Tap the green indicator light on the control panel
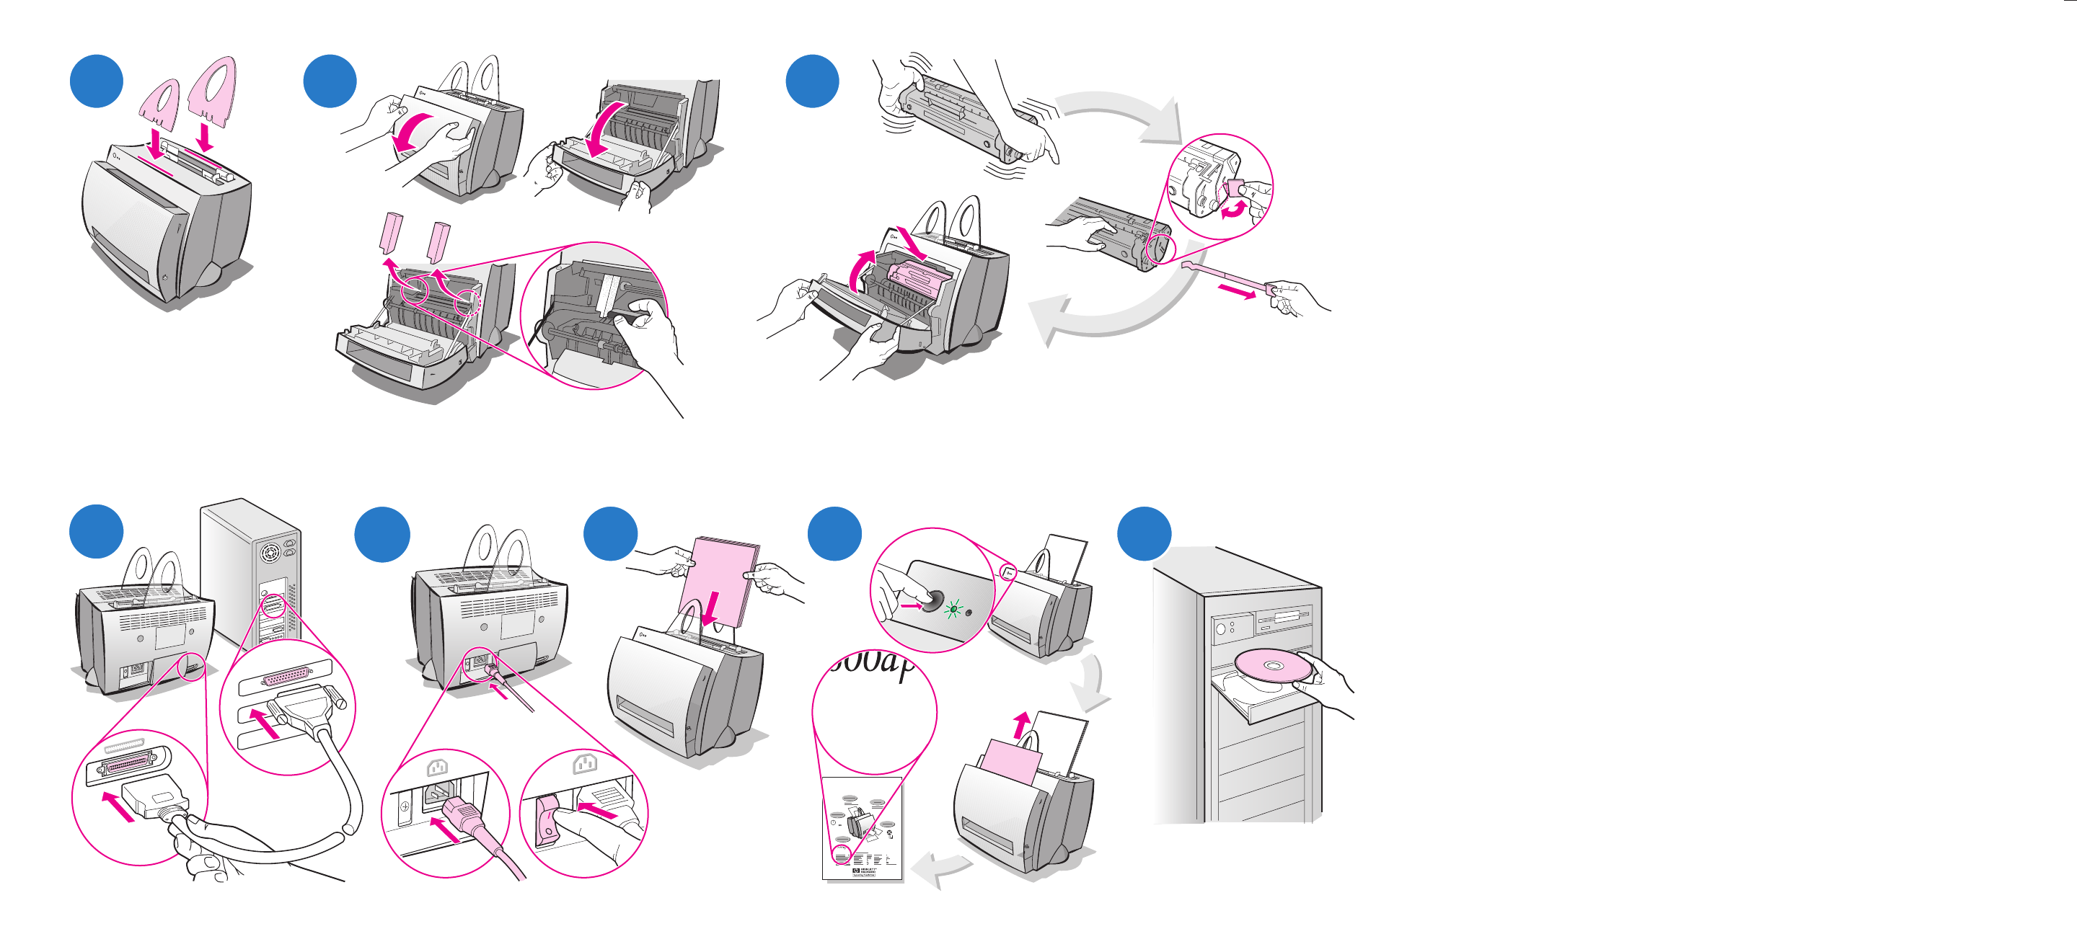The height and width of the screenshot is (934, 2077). [x=953, y=609]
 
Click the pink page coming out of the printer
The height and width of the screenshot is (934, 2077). [x=1012, y=762]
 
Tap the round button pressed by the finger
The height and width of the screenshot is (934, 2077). [x=933, y=601]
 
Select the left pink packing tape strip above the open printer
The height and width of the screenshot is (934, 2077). [x=392, y=233]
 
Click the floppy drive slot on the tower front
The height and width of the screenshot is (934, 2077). [x=1285, y=618]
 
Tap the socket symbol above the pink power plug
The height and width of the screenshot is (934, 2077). [x=436, y=768]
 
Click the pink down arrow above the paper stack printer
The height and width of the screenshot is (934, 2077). [x=710, y=609]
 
